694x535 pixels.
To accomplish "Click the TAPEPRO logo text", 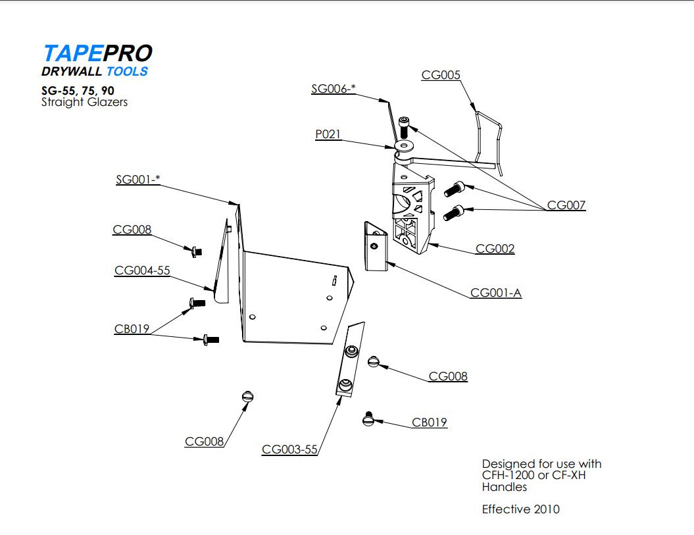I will coord(97,53).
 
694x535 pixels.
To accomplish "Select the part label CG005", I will coord(441,75).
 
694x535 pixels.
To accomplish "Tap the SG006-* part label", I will coord(333,89).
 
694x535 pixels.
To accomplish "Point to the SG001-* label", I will coord(137,179).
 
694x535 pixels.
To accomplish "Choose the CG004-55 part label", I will coord(142,270).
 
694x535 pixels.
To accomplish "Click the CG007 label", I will coord(566,205).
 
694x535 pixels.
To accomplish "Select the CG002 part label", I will coord(495,249).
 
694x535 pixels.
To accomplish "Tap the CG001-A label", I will coord(496,293).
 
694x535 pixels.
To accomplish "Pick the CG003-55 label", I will coord(289,449).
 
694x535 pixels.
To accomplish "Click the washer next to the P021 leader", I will coord(403,145).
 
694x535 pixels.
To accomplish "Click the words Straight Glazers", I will coord(84,102).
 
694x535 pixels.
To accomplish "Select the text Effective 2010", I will coord(521,509).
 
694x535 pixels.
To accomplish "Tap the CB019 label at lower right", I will coord(430,422).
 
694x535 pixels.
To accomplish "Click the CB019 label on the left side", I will coord(132,329).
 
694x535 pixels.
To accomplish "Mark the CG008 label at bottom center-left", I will coord(204,442).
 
